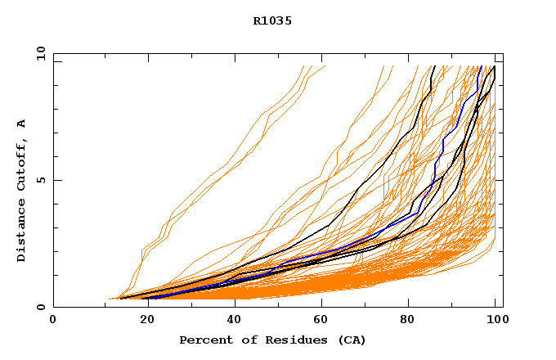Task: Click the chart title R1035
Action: [x=272, y=20]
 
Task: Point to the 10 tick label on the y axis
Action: [x=40, y=53]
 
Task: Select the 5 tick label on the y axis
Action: [x=40, y=180]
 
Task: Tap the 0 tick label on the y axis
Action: [x=40, y=308]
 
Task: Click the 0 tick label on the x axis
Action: [x=53, y=321]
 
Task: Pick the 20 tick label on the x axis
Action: [x=141, y=321]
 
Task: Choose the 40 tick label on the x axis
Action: [x=230, y=321]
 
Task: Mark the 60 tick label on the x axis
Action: [x=318, y=321]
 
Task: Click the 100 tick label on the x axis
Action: [x=495, y=321]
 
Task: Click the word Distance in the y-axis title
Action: [x=21, y=232]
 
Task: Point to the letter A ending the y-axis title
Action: [x=21, y=124]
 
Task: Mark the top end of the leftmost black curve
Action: [x=434, y=66]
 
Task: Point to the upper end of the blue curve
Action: [x=482, y=66]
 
